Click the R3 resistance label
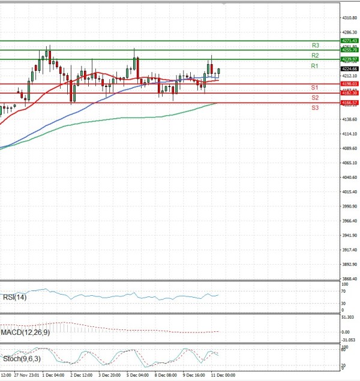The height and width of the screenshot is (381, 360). [315, 45]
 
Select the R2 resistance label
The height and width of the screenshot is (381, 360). [315, 55]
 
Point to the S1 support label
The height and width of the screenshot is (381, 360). [315, 88]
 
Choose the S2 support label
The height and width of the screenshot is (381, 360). [315, 97]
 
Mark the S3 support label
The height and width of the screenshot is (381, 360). [315, 107]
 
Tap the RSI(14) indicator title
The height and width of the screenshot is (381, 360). [15, 296]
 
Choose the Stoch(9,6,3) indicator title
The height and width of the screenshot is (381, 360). [22, 358]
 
